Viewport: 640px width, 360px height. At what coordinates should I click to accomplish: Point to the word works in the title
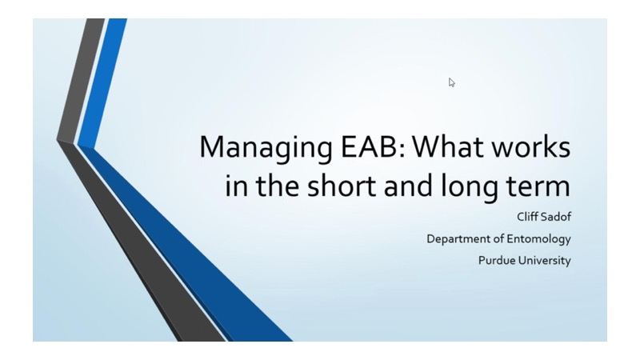point(536,150)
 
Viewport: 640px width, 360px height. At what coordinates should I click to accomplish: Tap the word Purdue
point(496,260)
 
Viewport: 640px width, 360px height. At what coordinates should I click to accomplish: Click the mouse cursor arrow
point(452,82)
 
